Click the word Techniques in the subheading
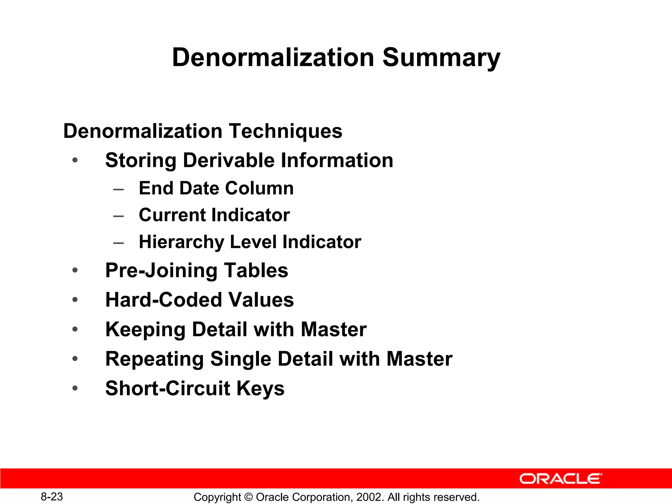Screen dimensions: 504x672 (285, 131)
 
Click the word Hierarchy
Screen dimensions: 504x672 (181, 242)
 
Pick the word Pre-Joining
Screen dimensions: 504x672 (161, 271)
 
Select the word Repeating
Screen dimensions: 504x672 (154, 359)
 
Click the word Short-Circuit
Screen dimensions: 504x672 (168, 388)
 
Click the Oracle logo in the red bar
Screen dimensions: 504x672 (560, 479)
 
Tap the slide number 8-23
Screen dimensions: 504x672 (52, 497)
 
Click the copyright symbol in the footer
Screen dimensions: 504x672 (248, 497)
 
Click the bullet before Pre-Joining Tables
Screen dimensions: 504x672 (75, 271)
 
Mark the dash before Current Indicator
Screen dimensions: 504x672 (118, 216)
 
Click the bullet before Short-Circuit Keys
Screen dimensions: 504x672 (75, 388)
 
